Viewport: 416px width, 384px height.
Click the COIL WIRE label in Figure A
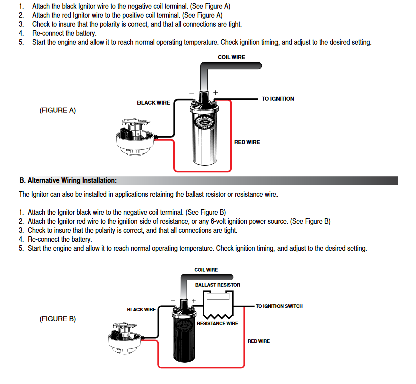(x=231, y=57)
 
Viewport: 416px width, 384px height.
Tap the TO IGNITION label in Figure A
(x=278, y=99)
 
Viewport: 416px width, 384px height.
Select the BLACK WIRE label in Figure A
(x=154, y=103)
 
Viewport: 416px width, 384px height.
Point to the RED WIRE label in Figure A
(x=247, y=142)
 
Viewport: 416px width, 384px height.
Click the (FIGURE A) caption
(x=58, y=110)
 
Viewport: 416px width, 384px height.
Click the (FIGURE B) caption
(x=58, y=319)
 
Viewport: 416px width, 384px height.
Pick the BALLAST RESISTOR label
(x=217, y=285)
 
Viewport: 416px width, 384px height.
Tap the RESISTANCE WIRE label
(x=217, y=324)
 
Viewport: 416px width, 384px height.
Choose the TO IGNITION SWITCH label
(x=279, y=306)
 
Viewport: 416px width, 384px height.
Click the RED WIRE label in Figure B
(x=258, y=341)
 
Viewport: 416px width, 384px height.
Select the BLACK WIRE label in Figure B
(x=142, y=310)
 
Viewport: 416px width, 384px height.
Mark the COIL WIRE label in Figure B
(x=206, y=270)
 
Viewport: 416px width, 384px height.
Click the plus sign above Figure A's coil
(x=216, y=93)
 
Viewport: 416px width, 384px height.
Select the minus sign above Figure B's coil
(x=173, y=301)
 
